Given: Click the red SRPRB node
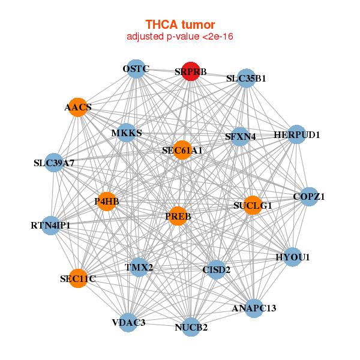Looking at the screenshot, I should (x=191, y=71).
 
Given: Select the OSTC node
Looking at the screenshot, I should (x=136, y=69).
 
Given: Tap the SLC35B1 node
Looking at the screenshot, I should (x=246, y=78).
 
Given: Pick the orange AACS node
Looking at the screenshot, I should (x=78, y=107).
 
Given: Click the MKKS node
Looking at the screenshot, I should (x=127, y=133).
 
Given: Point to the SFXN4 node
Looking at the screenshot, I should (x=240, y=136).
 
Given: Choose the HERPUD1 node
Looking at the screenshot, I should (x=297, y=134).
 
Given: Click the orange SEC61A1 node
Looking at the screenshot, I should (x=182, y=150).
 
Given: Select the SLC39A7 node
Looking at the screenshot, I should (x=54, y=163).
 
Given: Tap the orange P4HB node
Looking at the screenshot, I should (x=107, y=202).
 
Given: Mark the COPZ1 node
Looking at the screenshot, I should (x=309, y=196).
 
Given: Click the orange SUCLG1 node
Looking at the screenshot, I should (x=253, y=205).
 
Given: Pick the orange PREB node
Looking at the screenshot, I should (x=178, y=215).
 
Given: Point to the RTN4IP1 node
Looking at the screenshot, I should (x=51, y=226).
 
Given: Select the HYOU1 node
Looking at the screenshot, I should (x=293, y=257).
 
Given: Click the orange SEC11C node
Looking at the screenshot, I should (x=78, y=278).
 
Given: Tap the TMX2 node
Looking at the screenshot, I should (x=139, y=266).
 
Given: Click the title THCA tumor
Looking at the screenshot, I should (x=180, y=25).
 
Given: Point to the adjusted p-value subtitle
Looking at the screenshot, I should (x=180, y=37).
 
